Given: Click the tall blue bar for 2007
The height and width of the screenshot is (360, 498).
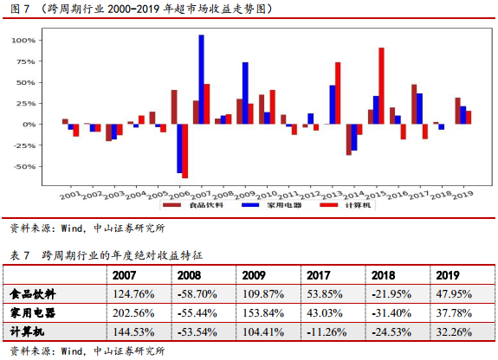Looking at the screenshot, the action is tap(201, 80).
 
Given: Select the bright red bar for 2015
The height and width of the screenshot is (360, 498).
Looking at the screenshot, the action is tap(381, 86).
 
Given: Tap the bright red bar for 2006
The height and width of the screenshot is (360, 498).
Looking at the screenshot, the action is tap(184, 151).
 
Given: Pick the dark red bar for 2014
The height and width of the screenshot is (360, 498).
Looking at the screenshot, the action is tap(349, 139).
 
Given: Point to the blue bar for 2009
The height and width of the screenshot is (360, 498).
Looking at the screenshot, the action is tap(245, 93).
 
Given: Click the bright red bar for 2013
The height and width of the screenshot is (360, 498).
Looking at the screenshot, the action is tap(338, 93).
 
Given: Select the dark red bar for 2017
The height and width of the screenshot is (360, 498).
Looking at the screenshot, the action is tap(414, 104).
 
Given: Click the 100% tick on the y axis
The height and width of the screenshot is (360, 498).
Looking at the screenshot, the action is tap(23, 41).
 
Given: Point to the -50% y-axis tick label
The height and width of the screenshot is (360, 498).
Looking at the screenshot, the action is tap(24, 167).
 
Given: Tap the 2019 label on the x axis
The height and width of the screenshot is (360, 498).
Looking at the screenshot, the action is tap(462, 195).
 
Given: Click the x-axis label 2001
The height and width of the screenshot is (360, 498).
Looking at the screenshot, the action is tap(70, 195).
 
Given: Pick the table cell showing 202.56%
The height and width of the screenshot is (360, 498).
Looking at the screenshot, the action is tap(133, 313).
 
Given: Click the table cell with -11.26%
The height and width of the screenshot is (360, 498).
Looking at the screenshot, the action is tap(327, 332).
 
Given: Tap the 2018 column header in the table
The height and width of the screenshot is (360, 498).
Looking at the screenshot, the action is tap(384, 275).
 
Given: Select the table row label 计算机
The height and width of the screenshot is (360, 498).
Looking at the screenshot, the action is tap(28, 331).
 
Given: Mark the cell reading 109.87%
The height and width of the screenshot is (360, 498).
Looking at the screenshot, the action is tap(263, 294).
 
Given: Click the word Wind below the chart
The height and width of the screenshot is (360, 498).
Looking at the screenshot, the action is tap(72, 228).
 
